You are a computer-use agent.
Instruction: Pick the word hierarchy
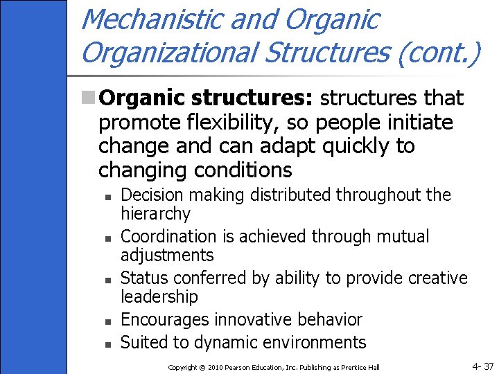pos(155,213)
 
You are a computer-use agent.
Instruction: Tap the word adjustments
pos(167,256)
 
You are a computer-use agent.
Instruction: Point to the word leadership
pos(159,296)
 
